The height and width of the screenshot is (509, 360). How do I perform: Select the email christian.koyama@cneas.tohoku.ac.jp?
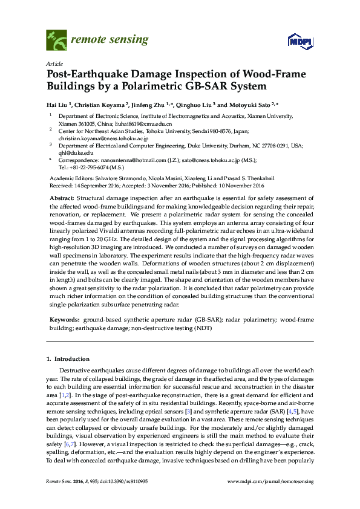click(103, 138)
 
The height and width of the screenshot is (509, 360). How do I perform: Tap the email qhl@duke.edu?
click(72, 153)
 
